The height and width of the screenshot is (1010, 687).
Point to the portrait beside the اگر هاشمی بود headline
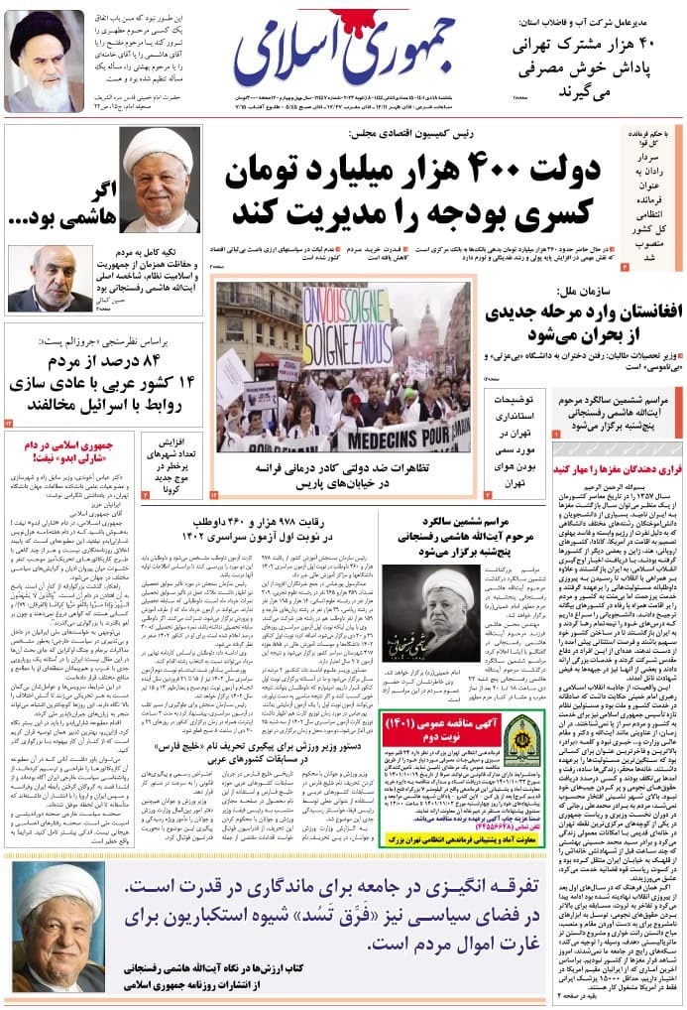point(160,180)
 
